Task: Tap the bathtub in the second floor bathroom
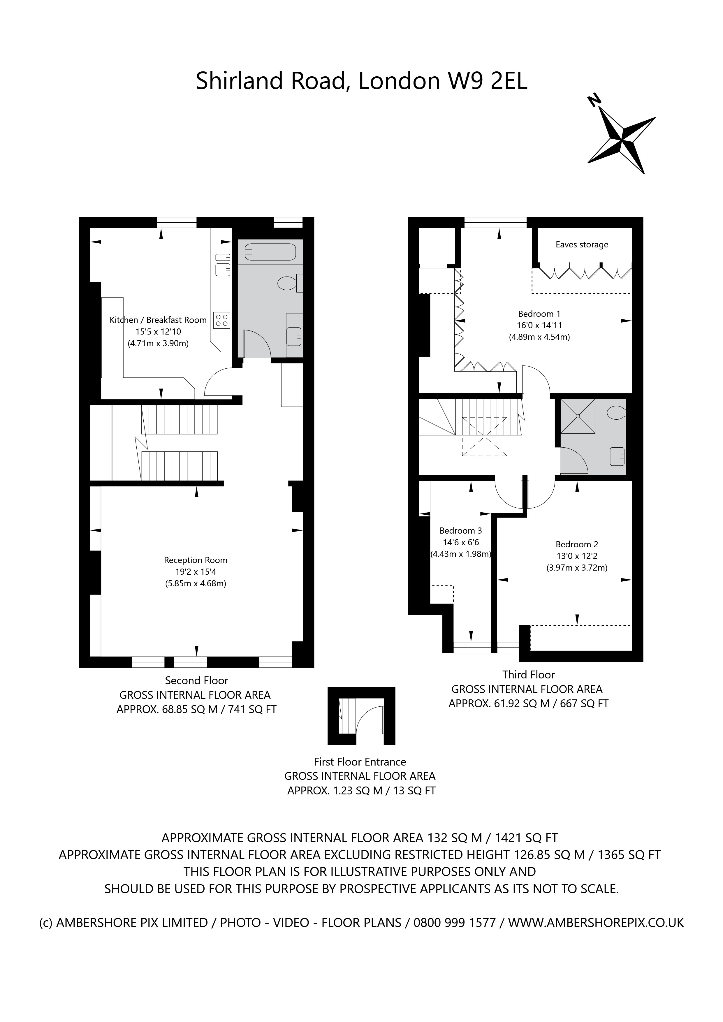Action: (x=270, y=252)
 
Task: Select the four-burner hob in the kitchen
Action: (x=222, y=320)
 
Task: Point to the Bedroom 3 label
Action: (x=460, y=531)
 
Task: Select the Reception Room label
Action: (x=196, y=560)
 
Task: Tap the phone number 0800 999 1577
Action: (x=455, y=923)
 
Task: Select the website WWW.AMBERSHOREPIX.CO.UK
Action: (x=596, y=923)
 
